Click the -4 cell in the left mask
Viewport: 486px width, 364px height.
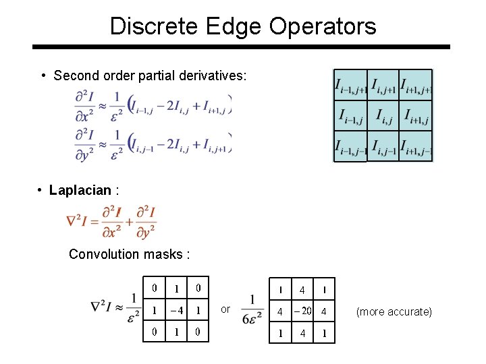[176, 311]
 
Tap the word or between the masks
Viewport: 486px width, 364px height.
[225, 309]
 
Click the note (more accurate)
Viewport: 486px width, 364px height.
[394, 311]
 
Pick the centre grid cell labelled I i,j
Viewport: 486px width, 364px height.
[383, 116]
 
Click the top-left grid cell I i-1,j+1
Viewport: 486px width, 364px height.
[350, 86]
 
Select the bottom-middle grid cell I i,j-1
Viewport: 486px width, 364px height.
[383, 146]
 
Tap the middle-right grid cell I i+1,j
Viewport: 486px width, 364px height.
[416, 116]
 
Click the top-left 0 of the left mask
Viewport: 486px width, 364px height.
[155, 289]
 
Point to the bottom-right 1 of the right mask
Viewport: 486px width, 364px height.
[325, 333]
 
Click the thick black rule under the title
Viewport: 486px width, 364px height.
[241, 47]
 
